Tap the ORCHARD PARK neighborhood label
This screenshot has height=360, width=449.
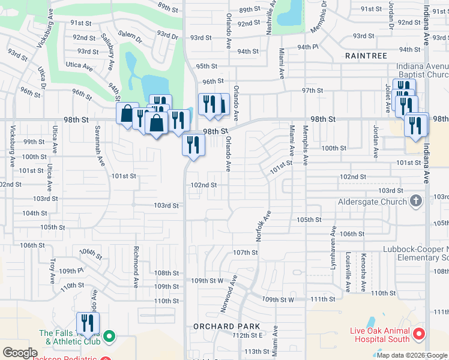pyautogui.click(x=226, y=326)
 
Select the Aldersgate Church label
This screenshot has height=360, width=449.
pyautogui.click(x=373, y=202)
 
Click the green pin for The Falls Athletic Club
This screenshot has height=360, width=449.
pyautogui.click(x=109, y=337)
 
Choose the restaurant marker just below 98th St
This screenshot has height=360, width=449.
pyautogui.click(x=193, y=145)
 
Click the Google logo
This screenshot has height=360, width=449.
pyautogui.click(x=20, y=353)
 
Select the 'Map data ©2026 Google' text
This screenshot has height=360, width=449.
pyautogui.click(x=411, y=355)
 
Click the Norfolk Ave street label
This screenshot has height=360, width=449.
pyautogui.click(x=260, y=226)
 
